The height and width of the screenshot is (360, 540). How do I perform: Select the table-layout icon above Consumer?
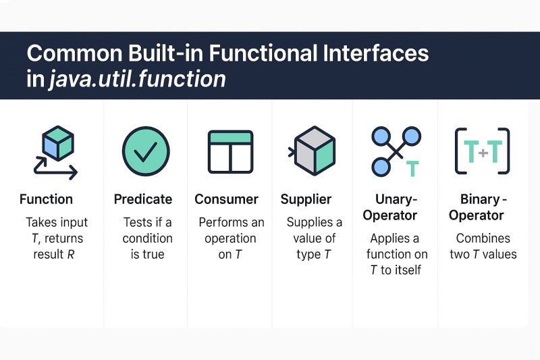tap(230, 152)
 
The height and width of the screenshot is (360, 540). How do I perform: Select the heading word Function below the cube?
tap(46, 199)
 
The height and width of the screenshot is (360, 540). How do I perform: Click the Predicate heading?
tap(142, 199)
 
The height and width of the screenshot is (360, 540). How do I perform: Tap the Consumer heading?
tap(226, 199)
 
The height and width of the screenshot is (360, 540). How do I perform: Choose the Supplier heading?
tap(306, 199)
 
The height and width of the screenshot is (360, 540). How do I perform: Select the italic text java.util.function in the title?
tap(137, 79)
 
